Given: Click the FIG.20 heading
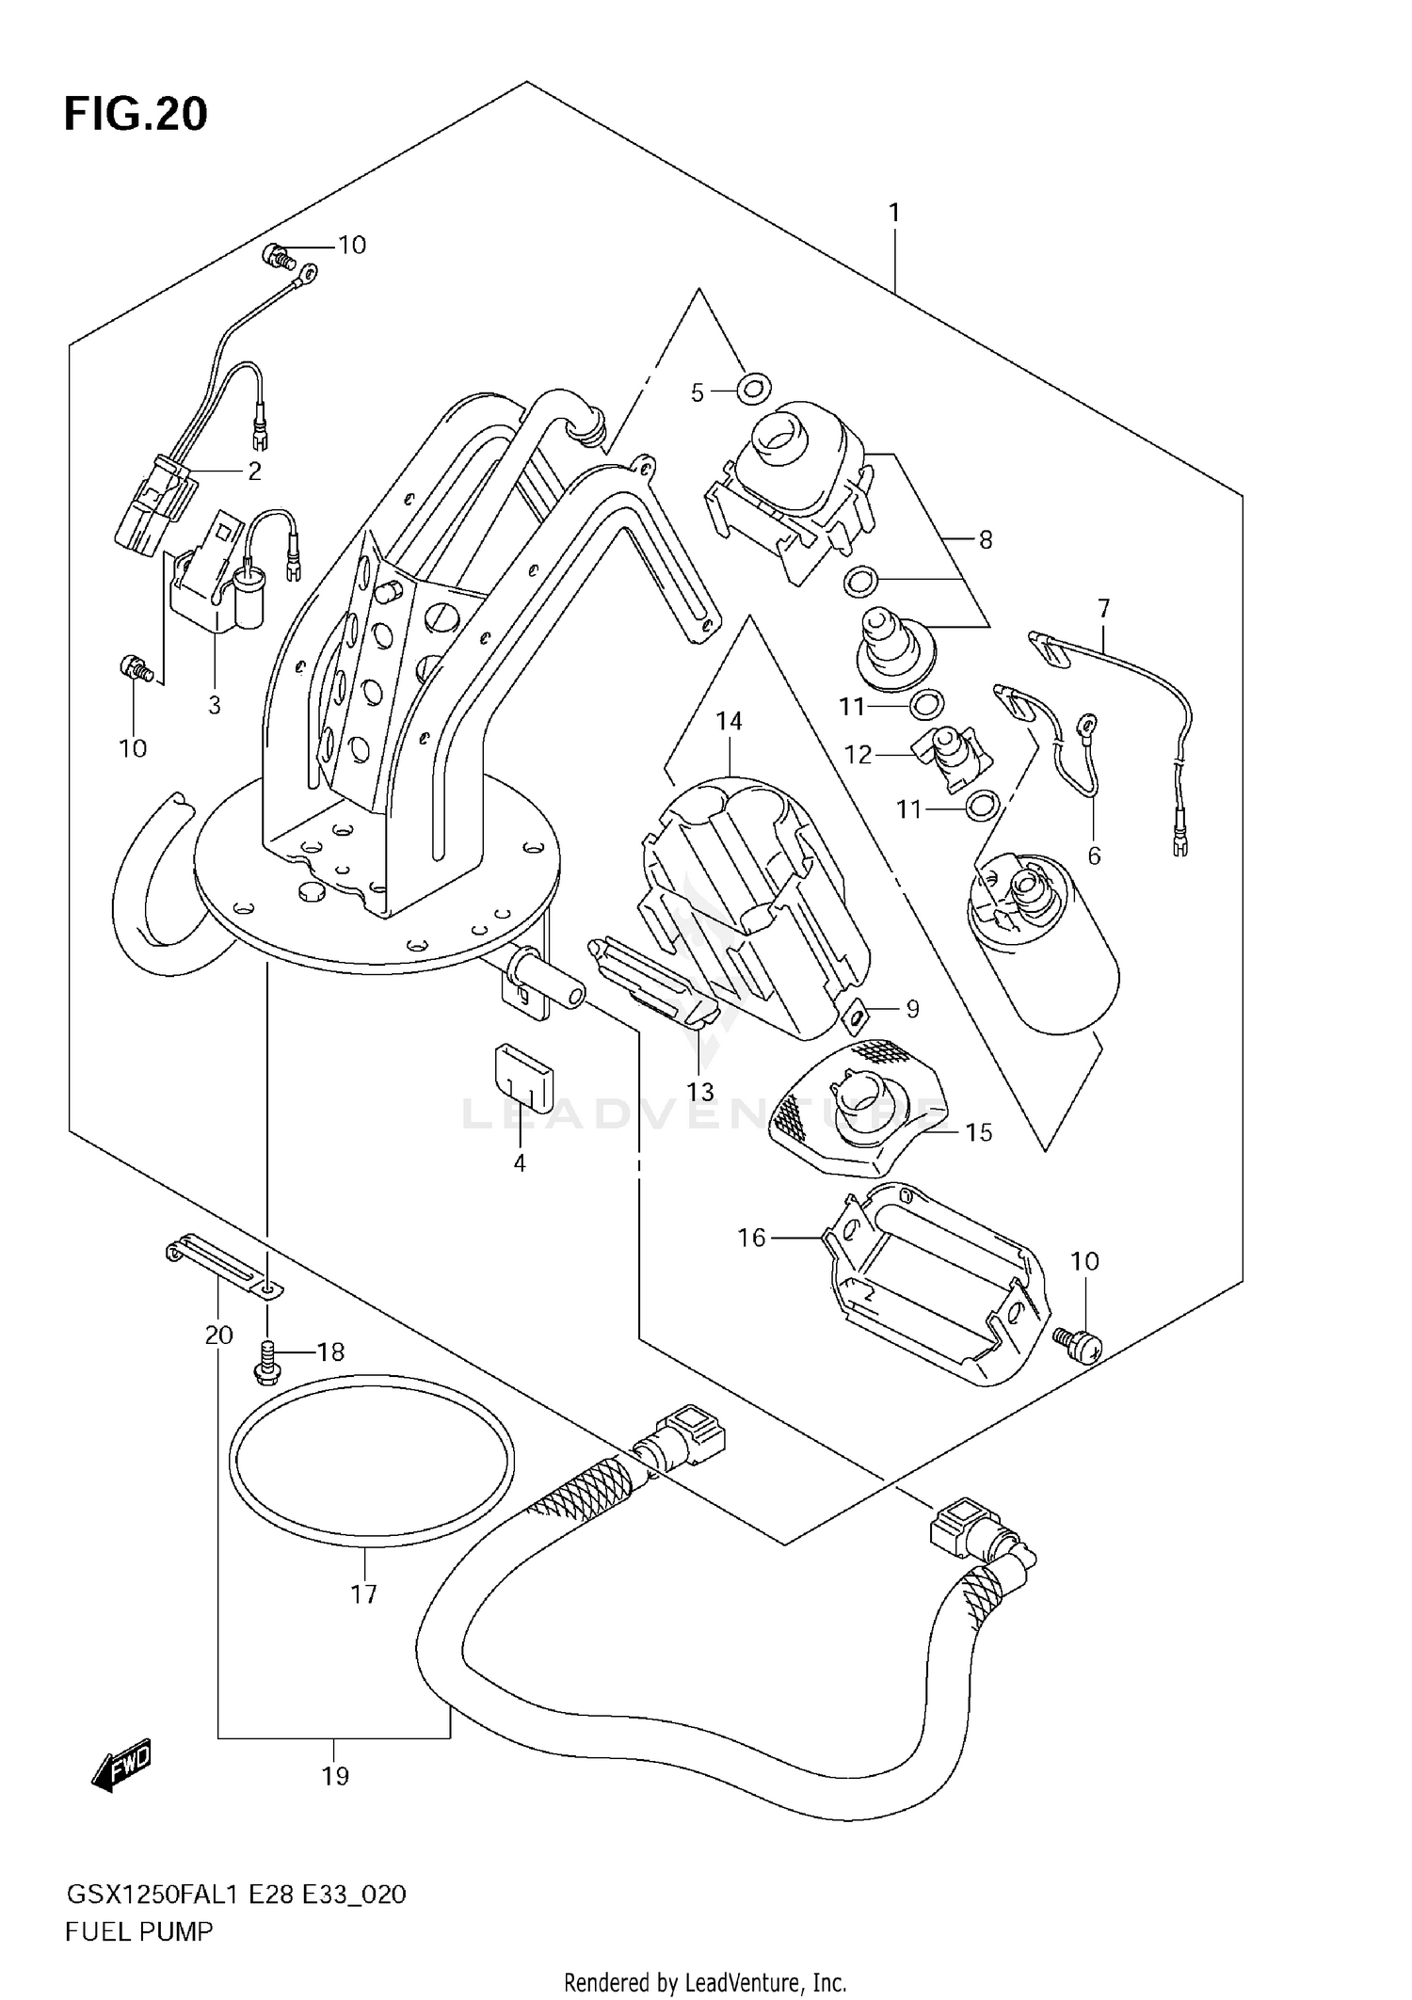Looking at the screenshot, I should (136, 114).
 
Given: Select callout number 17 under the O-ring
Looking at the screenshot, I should (363, 1594).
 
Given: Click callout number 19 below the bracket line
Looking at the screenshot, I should (335, 1776).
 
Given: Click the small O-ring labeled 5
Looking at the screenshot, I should (754, 386).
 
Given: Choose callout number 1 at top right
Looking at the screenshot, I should (894, 214).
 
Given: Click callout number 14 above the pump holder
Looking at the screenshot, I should (729, 721).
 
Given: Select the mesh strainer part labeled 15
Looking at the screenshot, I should (857, 1111).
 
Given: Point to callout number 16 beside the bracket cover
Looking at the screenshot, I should (751, 1237).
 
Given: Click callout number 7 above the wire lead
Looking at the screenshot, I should (1103, 608).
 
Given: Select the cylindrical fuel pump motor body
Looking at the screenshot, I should (1045, 951).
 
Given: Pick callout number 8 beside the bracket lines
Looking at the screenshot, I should (985, 539).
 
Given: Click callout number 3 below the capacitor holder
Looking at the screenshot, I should (215, 704).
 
